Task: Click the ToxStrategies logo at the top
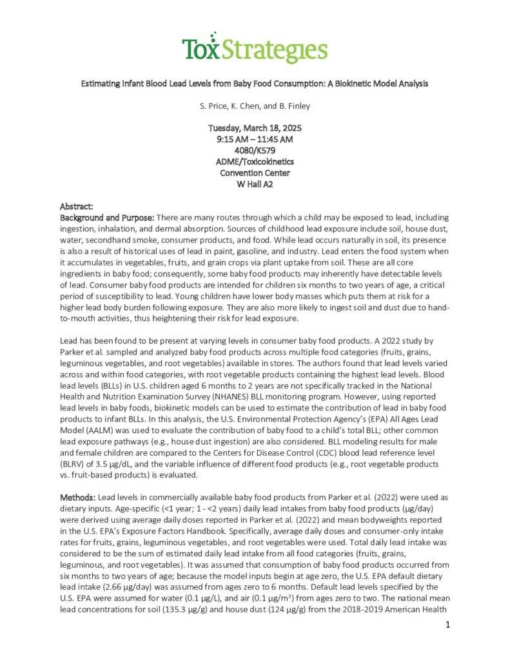(x=254, y=48)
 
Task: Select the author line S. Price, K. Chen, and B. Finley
(x=255, y=105)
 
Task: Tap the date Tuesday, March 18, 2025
(x=255, y=128)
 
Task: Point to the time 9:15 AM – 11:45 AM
(x=255, y=139)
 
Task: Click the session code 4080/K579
(x=255, y=150)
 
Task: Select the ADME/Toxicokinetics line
(x=255, y=161)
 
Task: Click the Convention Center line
(x=255, y=172)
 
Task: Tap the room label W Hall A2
(x=255, y=183)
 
